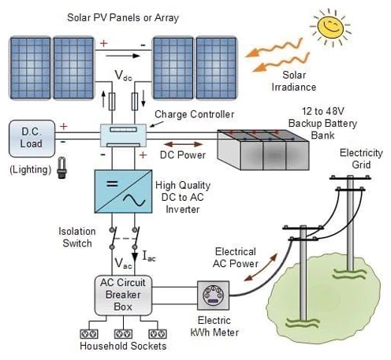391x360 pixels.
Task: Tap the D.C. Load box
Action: pyautogui.click(x=32, y=139)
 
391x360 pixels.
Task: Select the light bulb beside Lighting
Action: pyautogui.click(x=61, y=168)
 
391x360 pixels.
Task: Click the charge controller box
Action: pyautogui.click(x=123, y=135)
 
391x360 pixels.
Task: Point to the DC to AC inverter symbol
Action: pyautogui.click(x=123, y=191)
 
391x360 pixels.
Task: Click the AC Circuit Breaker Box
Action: pyautogui.click(x=123, y=295)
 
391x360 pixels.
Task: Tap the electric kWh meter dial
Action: pyautogui.click(x=213, y=295)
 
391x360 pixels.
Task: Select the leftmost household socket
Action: pyautogui.click(x=89, y=334)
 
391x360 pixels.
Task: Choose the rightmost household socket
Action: pyautogui.click(x=158, y=334)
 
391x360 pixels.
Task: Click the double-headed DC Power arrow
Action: pyautogui.click(x=183, y=144)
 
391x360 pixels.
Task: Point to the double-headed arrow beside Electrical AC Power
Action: pyautogui.click(x=260, y=267)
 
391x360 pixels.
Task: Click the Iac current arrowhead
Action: pyautogui.click(x=135, y=257)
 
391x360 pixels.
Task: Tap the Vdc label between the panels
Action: pyautogui.click(x=123, y=76)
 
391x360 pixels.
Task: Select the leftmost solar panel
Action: pyautogui.click(x=31, y=68)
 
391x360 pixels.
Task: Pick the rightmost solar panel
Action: pyautogui.click(x=217, y=68)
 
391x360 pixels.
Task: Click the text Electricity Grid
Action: pyautogui.click(x=361, y=158)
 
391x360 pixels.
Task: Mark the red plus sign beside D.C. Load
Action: pyautogui.click(x=64, y=127)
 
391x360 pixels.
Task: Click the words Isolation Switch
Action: pyautogui.click(x=77, y=237)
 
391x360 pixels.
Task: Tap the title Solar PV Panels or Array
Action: pyautogui.click(x=123, y=18)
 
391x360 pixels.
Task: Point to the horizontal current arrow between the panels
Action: pyautogui.click(x=123, y=56)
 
